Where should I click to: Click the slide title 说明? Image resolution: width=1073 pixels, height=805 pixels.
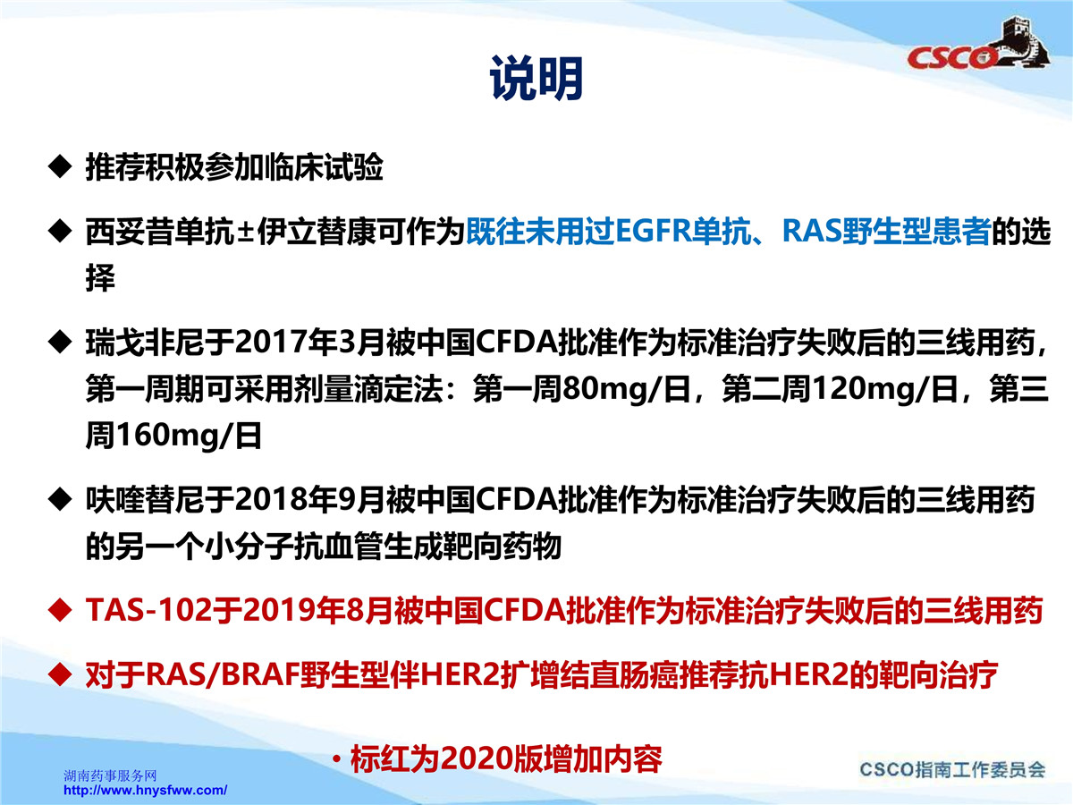tap(536, 78)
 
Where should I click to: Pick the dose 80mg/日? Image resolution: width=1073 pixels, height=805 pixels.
tap(626, 390)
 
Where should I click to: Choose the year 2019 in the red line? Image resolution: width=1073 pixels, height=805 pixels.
tap(274, 611)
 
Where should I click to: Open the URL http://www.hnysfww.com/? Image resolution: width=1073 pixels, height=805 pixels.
tap(145, 791)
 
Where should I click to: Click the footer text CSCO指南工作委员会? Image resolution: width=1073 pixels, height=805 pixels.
tap(952, 770)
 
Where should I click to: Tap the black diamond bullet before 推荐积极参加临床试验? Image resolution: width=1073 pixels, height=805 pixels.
tap(60, 166)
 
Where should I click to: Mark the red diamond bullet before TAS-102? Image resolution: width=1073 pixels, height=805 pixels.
tap(60, 610)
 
